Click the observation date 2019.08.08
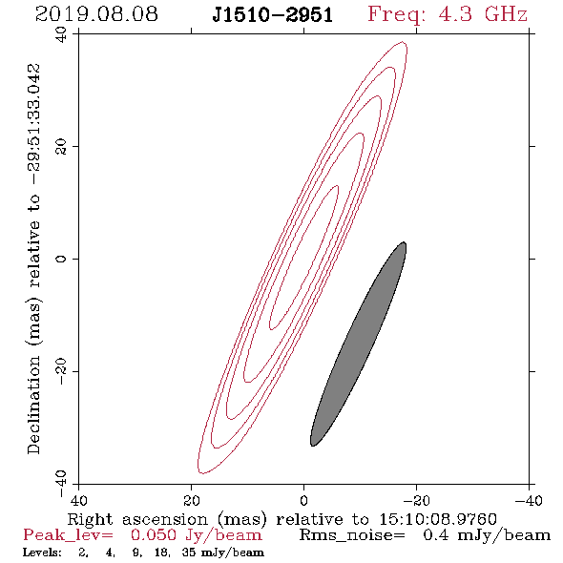[x=96, y=14]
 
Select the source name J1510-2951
[x=273, y=15]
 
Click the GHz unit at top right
[x=506, y=14]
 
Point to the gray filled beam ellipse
[x=359, y=344]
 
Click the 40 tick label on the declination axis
[x=61, y=34]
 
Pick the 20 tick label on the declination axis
[x=61, y=147]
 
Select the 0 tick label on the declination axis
[x=61, y=259]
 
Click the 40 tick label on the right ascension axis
[x=79, y=501]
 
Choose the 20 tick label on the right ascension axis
[x=192, y=501]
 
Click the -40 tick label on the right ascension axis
[x=528, y=501]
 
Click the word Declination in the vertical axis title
[x=33, y=405]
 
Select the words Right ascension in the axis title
[x=137, y=520]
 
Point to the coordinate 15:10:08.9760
[x=438, y=519]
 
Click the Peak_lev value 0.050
[x=154, y=535]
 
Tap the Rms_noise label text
[x=352, y=535]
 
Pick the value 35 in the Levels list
[x=189, y=553]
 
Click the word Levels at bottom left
[x=42, y=553]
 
